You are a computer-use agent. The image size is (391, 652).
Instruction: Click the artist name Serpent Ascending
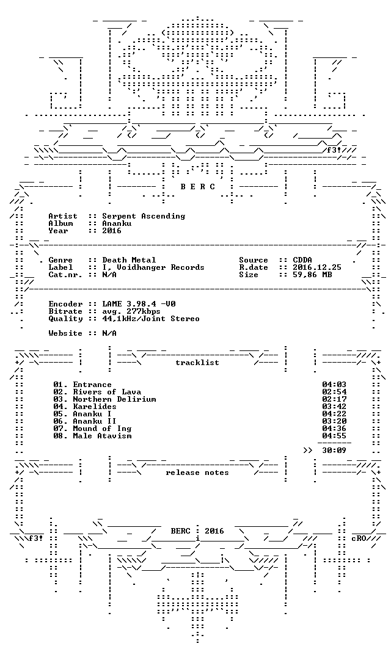coord(144,216)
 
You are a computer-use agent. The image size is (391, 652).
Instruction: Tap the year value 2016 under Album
coord(112,231)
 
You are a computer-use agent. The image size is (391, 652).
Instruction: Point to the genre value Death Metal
coord(129,260)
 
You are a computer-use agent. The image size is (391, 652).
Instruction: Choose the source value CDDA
coord(302,260)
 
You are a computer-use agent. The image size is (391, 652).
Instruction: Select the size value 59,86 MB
coord(312,275)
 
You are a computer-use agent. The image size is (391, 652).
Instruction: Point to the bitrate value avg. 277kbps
coord(131,311)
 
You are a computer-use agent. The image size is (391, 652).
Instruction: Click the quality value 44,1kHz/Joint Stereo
coord(151,319)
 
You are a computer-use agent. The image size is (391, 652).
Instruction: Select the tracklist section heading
coord(197,363)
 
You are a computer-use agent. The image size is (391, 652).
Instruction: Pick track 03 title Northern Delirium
coord(114,399)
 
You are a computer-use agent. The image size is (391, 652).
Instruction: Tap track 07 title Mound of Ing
coord(102,429)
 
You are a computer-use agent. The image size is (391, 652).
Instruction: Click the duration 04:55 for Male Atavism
coord(334,436)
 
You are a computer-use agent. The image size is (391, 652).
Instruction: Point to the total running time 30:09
coord(334,451)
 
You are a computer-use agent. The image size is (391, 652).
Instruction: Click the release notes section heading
coord(197,473)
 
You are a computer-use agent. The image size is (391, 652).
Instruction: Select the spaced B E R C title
coord(197,187)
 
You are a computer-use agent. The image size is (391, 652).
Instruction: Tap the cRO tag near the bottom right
coord(359,538)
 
